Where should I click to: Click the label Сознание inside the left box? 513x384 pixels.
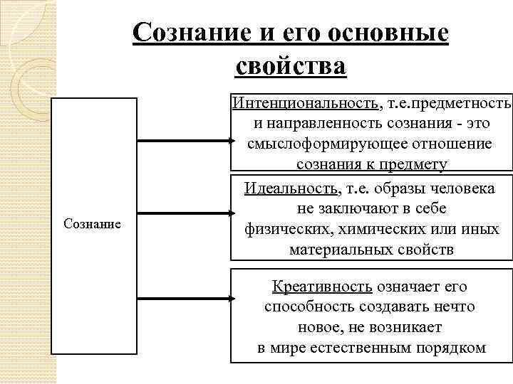93,224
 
